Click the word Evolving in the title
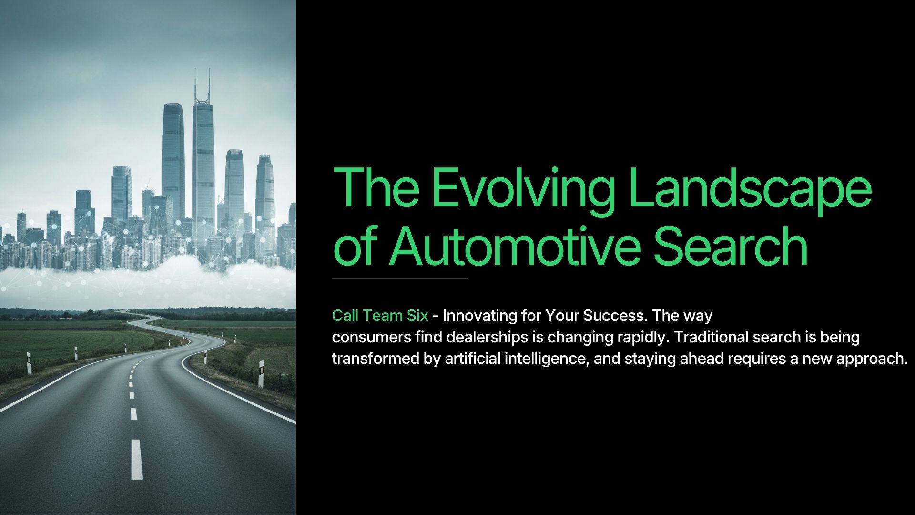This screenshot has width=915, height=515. [523, 188]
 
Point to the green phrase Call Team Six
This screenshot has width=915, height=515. [380, 316]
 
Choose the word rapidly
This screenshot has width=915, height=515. [644, 337]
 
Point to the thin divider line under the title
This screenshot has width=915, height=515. [400, 278]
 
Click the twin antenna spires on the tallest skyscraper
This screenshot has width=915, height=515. [202, 86]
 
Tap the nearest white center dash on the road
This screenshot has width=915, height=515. [136, 459]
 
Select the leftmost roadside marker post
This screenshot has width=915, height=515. [29, 363]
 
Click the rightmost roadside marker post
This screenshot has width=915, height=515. [261, 374]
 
